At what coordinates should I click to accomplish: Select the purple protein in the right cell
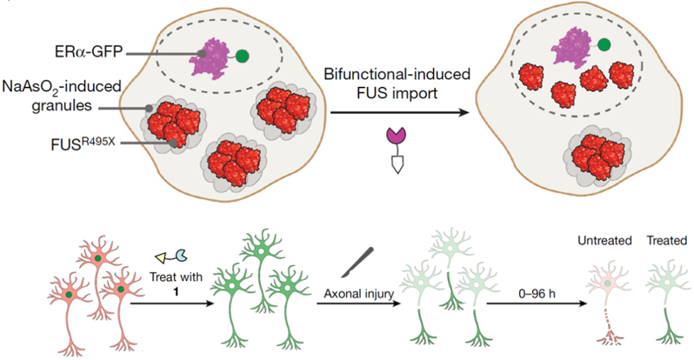(x=574, y=44)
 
